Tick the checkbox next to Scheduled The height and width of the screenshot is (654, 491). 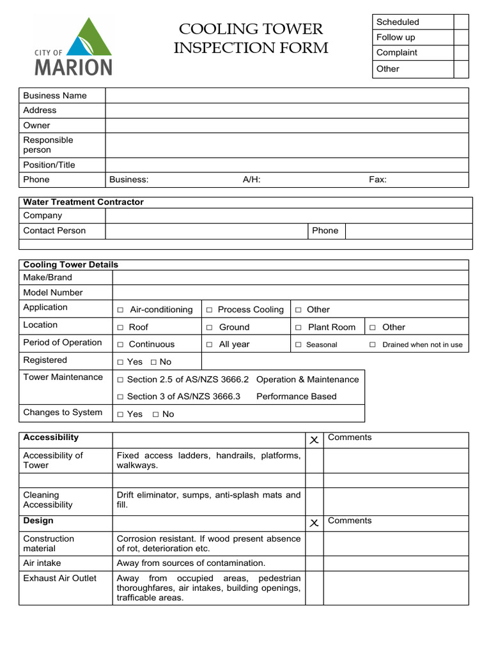tap(461, 22)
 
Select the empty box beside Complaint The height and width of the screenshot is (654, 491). tap(461, 53)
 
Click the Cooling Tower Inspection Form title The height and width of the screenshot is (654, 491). tap(251, 38)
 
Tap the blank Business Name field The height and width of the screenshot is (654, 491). tap(286, 96)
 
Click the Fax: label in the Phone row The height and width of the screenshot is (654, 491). tap(378, 180)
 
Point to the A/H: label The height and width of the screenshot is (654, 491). tap(251, 180)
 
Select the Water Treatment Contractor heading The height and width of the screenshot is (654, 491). tap(83, 202)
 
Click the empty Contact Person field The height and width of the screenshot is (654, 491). tap(206, 231)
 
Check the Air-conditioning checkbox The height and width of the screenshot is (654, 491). tap(120, 310)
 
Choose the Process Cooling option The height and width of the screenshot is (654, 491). tap(209, 310)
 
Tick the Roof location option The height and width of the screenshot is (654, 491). tap(120, 328)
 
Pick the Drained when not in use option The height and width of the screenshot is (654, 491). tap(373, 345)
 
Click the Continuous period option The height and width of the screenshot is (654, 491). tap(120, 345)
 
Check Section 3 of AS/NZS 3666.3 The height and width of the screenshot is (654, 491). tap(120, 397)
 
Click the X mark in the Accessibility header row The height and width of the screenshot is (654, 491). tap(314, 440)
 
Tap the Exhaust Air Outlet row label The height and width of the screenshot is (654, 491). tap(59, 579)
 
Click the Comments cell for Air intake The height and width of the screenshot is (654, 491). tap(396, 563)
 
